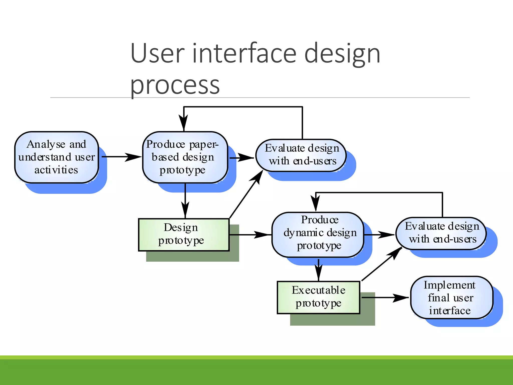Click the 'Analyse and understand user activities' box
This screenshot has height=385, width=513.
(56, 157)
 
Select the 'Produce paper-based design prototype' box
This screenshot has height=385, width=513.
(185, 157)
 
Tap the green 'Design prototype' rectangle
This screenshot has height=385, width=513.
(184, 235)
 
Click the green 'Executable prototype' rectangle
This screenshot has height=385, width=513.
(318, 297)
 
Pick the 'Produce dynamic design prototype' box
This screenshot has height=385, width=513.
(318, 234)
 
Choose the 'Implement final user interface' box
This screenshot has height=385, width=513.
(451, 298)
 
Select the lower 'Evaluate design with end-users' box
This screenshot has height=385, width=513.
(441, 233)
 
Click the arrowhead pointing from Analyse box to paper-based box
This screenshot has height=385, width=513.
(133, 157)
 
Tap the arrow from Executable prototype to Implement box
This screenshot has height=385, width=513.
(386, 298)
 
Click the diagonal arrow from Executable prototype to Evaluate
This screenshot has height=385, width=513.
(382, 264)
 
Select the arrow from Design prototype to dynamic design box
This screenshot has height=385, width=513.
(250, 235)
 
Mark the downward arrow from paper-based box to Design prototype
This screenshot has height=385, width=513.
(185, 201)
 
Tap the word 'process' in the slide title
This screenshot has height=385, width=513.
(175, 85)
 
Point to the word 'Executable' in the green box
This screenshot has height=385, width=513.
(318, 290)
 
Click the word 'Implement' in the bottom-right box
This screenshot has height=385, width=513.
(449, 285)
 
